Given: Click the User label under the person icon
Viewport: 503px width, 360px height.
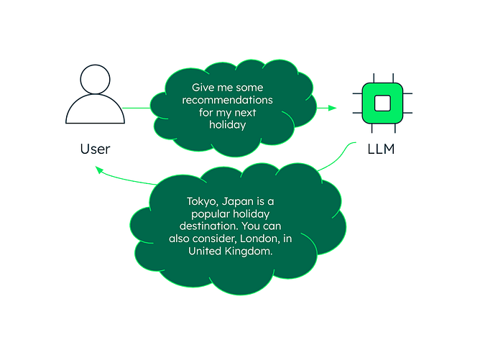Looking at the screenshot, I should pos(95,149).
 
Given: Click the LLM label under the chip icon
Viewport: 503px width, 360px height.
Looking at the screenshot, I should pos(382,150).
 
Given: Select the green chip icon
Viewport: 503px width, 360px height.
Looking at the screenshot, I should pos(382,103).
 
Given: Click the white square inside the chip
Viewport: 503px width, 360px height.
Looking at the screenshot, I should pos(382,103).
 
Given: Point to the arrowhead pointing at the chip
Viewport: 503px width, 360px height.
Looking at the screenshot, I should pos(332,109).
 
